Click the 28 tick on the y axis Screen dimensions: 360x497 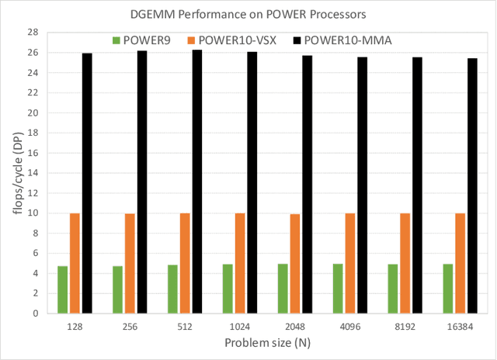click(34, 33)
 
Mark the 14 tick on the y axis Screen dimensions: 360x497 click(34, 173)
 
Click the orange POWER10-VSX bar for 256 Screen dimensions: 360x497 click(130, 263)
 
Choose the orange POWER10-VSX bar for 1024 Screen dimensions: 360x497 click(240, 263)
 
